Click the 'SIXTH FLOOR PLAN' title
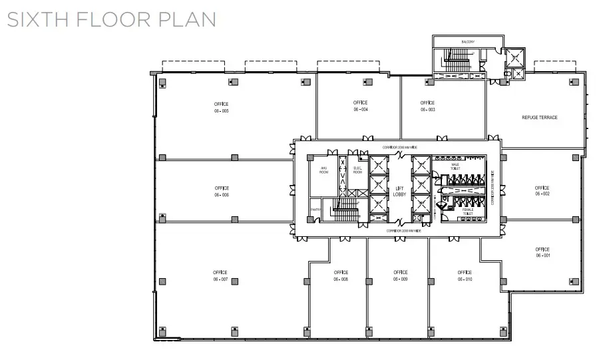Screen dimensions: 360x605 click(x=111, y=19)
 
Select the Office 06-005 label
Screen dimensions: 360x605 click(x=221, y=108)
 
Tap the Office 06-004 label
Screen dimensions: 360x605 click(x=361, y=106)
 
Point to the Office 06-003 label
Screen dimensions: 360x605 click(x=427, y=106)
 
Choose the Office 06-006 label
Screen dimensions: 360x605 click(x=222, y=192)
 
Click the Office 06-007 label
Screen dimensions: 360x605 click(x=221, y=276)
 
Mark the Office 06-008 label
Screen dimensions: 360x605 click(x=341, y=276)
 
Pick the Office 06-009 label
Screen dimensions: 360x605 click(x=400, y=276)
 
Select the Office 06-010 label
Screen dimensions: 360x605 click(x=465, y=276)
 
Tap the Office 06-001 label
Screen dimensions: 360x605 click(x=542, y=253)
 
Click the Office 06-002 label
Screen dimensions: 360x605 click(x=542, y=191)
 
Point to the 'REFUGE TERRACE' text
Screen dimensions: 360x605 click(x=540, y=118)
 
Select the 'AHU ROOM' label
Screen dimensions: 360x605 click(x=324, y=170)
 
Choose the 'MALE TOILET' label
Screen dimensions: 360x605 click(x=456, y=166)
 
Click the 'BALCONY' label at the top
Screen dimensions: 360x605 click(x=468, y=43)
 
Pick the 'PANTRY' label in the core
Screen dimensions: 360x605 click(x=314, y=211)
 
